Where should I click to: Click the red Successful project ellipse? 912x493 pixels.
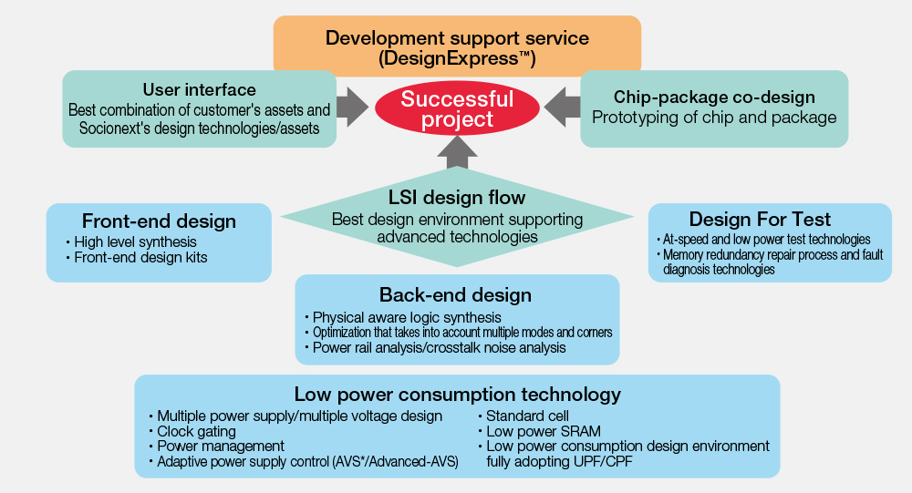pos(457,108)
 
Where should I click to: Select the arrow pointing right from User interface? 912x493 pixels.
pos(352,107)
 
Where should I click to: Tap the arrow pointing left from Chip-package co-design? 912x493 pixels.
pos(563,107)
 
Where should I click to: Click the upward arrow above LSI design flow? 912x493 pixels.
pos(457,152)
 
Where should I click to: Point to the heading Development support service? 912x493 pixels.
pos(457,37)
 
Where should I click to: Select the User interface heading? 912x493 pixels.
pos(200,89)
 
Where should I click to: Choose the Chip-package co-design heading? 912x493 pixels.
pos(714,98)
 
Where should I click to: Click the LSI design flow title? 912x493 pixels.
pos(457,198)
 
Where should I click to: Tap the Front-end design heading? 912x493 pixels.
pos(159,221)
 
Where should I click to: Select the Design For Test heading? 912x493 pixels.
pos(761,220)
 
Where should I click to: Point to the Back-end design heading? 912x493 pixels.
pos(455,294)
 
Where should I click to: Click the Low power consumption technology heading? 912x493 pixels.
pos(458,395)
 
